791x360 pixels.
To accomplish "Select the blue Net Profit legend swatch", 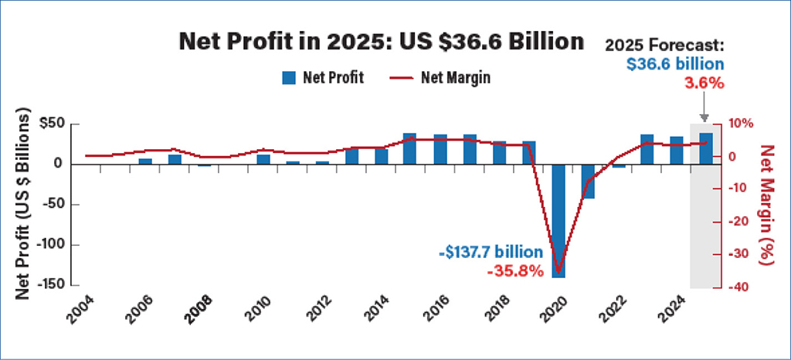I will click(289, 77).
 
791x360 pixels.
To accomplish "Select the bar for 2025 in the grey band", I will click(706, 148).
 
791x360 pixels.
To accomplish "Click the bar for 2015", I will click(409, 148).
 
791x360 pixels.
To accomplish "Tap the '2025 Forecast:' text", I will click(667, 44).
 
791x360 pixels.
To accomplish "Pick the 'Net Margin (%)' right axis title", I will click(766, 205).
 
